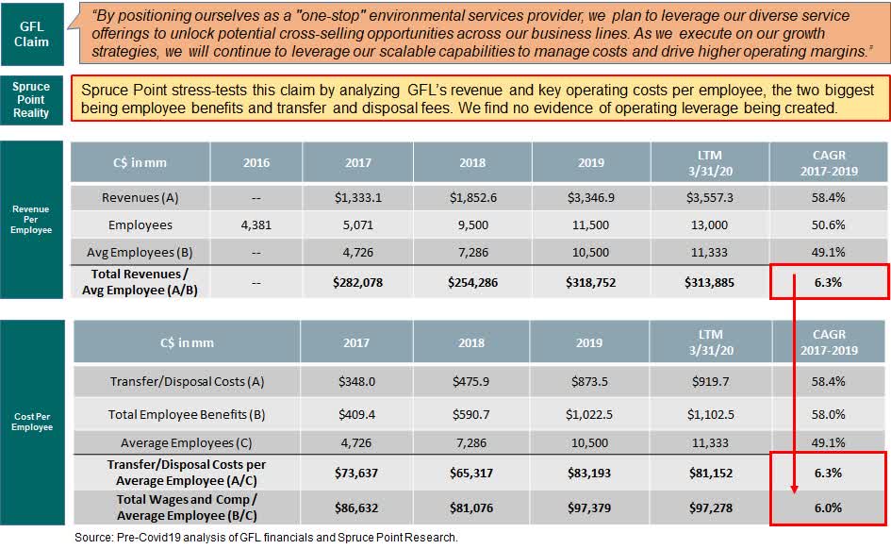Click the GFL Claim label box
tap(32, 33)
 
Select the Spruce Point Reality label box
tap(31, 99)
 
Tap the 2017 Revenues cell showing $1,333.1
tap(357, 197)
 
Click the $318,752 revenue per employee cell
tap(590, 282)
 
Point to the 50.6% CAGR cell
tap(827, 225)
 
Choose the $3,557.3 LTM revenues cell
tap(710, 197)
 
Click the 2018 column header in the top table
tap(472, 162)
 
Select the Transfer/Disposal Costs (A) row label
tap(186, 381)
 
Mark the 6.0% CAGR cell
tap(827, 507)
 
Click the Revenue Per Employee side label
tap(31, 220)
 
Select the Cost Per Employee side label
tap(31, 421)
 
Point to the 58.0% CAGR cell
tap(827, 413)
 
